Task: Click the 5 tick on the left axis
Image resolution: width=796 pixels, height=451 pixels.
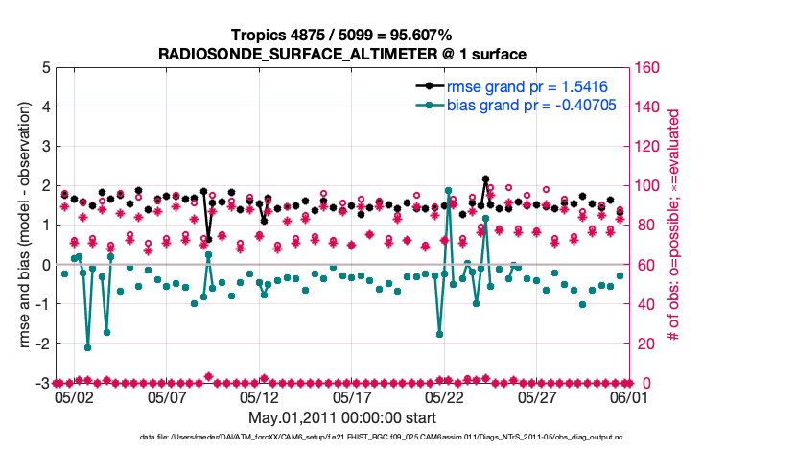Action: [45, 68]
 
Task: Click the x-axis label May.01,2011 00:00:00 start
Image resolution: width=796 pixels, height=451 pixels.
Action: [342, 418]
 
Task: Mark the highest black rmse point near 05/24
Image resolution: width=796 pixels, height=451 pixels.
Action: [486, 179]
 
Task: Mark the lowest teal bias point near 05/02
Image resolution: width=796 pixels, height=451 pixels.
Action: [87, 347]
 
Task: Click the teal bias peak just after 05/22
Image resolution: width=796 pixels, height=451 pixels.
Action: [448, 191]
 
